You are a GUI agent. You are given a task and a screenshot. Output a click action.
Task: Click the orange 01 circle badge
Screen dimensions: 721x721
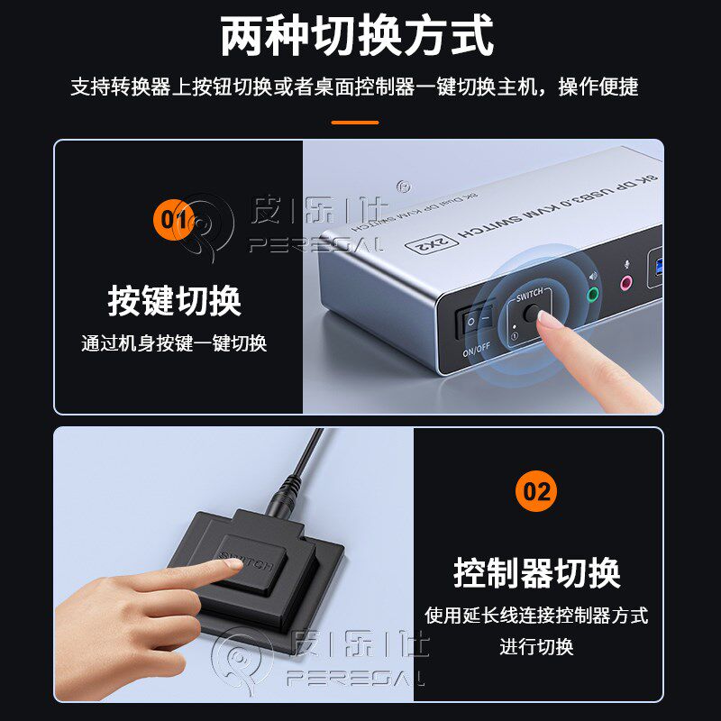[x=174, y=218]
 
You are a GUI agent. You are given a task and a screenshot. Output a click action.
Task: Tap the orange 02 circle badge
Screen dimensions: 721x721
[x=536, y=491]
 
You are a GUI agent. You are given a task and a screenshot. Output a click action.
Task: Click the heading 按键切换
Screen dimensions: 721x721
[x=175, y=300]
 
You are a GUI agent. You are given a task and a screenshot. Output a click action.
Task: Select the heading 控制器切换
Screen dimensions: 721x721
[x=536, y=572]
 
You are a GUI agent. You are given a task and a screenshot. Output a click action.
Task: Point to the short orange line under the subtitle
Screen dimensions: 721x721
[x=355, y=122]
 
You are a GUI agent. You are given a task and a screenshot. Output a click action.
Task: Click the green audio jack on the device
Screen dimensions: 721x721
[x=593, y=294]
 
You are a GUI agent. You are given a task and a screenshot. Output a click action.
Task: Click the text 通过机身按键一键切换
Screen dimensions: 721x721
[x=174, y=343]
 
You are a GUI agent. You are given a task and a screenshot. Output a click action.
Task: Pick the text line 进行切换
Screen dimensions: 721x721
[x=536, y=646]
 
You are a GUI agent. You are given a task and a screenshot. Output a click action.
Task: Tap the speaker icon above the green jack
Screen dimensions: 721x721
[x=592, y=277]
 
